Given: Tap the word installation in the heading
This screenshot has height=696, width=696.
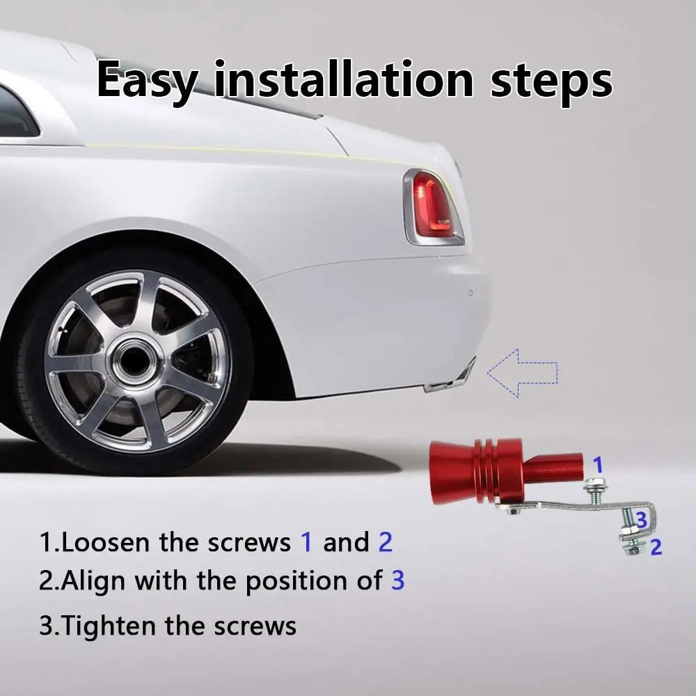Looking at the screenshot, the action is (x=344, y=79).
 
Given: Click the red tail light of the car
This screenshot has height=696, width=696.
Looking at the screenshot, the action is (x=433, y=207).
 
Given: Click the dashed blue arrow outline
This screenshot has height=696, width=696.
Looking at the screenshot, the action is (x=522, y=373).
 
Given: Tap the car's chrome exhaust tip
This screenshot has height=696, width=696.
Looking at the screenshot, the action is (x=450, y=378).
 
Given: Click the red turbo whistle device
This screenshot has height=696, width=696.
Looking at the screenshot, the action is (x=506, y=473).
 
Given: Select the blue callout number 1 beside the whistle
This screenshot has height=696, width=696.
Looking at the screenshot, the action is (x=599, y=465).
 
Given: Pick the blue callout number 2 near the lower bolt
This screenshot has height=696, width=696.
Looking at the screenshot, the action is (x=656, y=547).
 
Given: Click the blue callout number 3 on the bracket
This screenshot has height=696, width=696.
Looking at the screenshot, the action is (x=642, y=520).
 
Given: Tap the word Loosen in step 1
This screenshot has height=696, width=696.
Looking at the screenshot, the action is (x=106, y=542).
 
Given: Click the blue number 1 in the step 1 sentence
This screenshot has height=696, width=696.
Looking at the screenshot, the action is (x=306, y=542).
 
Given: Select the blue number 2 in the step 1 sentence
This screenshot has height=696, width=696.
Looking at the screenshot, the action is (x=386, y=542).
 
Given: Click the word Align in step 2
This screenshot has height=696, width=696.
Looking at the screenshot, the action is (x=93, y=582).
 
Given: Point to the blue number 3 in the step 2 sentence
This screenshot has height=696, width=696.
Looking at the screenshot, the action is (x=397, y=580).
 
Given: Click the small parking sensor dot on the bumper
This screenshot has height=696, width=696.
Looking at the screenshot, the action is (x=470, y=292).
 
